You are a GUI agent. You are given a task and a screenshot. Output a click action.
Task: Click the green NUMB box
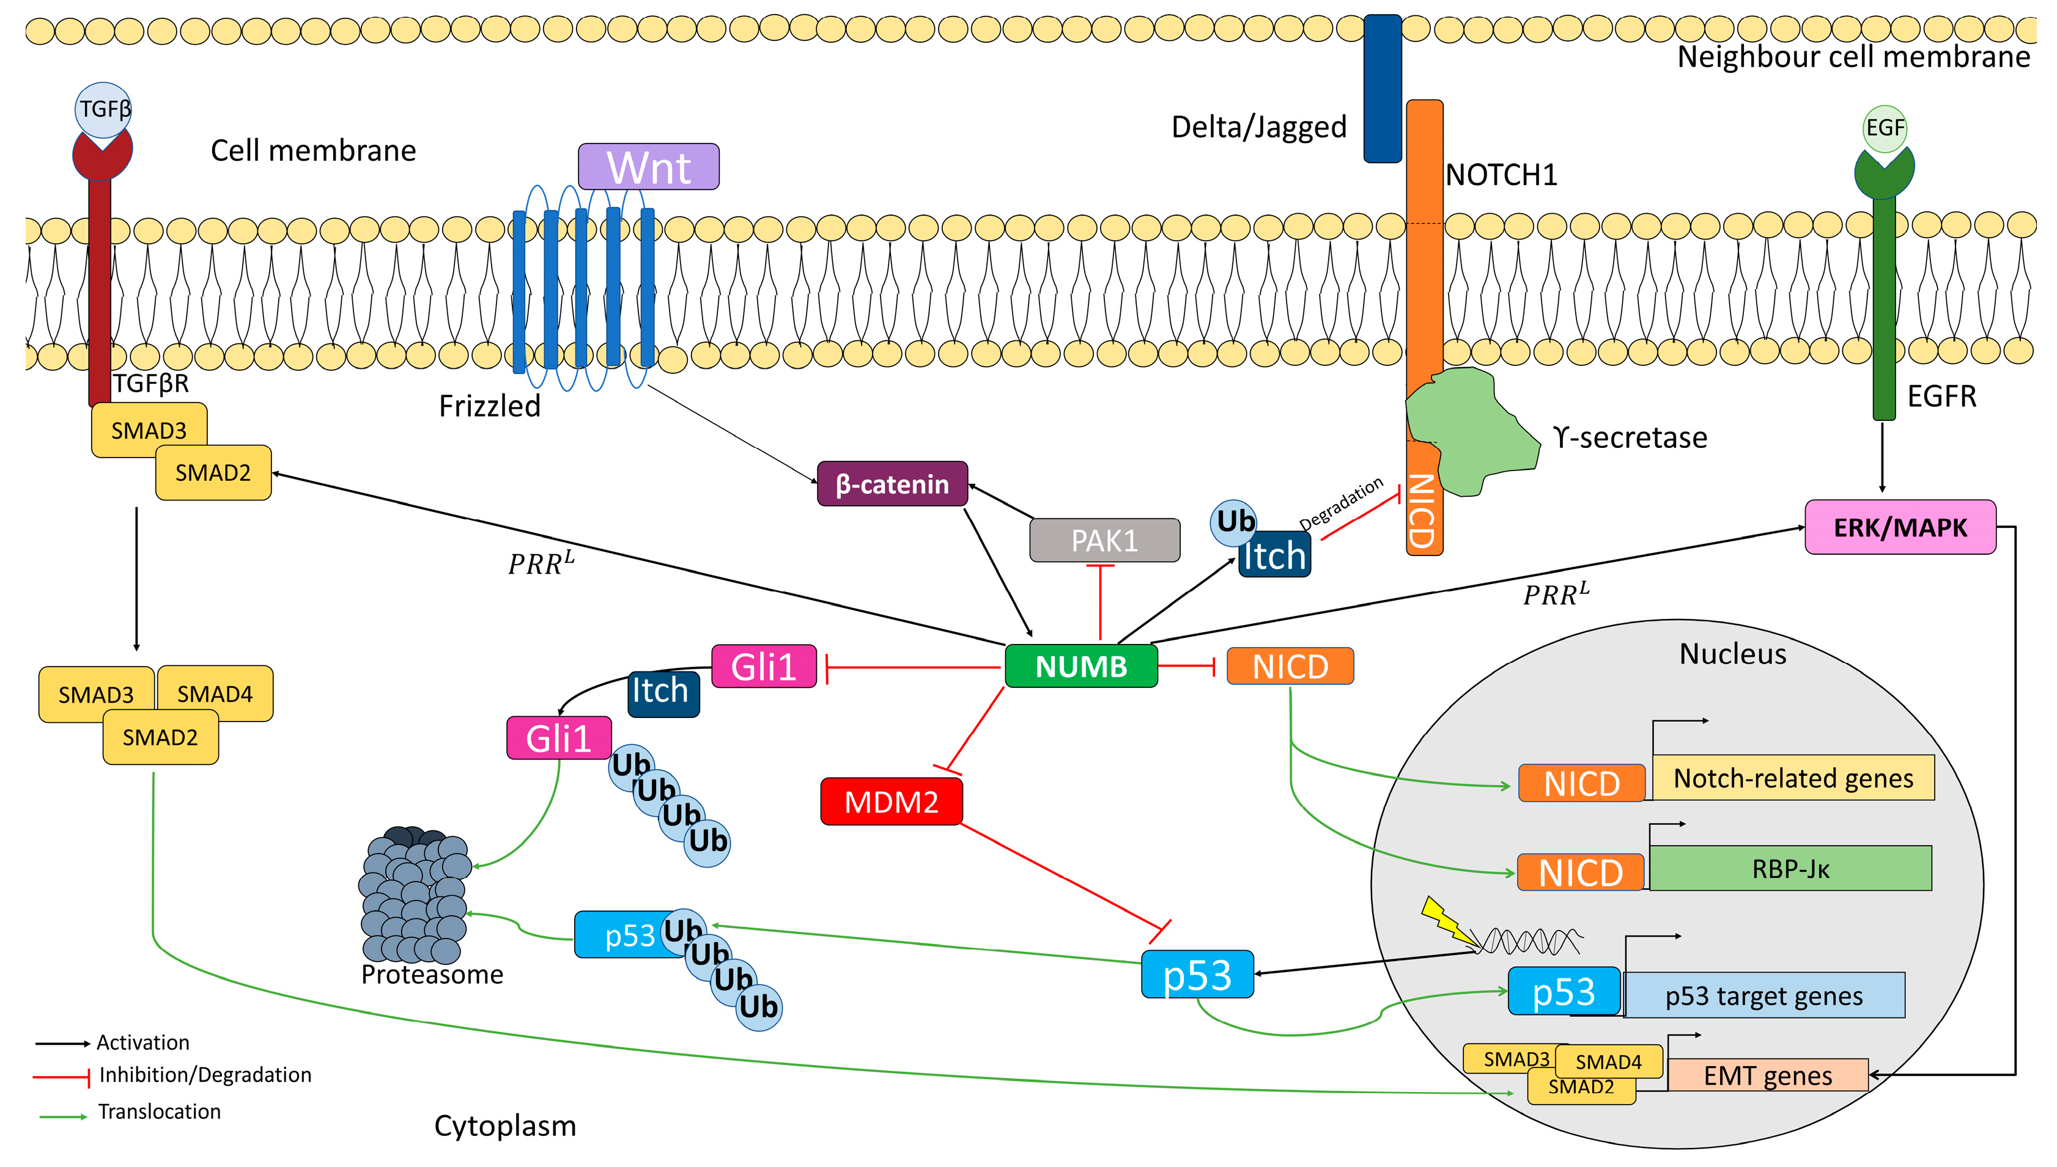pyautogui.click(x=1080, y=666)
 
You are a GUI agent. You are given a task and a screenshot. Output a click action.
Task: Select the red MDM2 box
pyautogui.click(x=890, y=801)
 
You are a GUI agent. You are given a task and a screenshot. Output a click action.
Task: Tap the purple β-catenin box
pyautogui.click(x=891, y=484)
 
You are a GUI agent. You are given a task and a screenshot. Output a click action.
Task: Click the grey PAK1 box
pyautogui.click(x=1104, y=540)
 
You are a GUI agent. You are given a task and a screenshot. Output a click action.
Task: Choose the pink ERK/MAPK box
pyautogui.click(x=1899, y=527)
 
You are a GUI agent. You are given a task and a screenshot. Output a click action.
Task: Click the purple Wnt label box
pyautogui.click(x=648, y=167)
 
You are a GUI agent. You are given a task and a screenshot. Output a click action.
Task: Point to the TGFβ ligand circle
pyautogui.click(x=103, y=109)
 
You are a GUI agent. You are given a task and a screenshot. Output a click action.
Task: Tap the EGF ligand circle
pyautogui.click(x=1884, y=128)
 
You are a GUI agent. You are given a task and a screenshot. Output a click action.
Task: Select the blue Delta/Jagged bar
pyautogui.click(x=1382, y=88)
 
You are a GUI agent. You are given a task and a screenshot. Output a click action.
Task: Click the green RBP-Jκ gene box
pyautogui.click(x=1789, y=869)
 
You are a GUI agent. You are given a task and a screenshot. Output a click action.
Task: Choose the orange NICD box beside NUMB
pyautogui.click(x=1290, y=666)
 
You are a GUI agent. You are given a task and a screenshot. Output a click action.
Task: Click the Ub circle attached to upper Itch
pyautogui.click(x=1233, y=522)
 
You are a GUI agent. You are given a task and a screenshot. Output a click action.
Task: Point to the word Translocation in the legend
pyautogui.click(x=159, y=1111)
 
